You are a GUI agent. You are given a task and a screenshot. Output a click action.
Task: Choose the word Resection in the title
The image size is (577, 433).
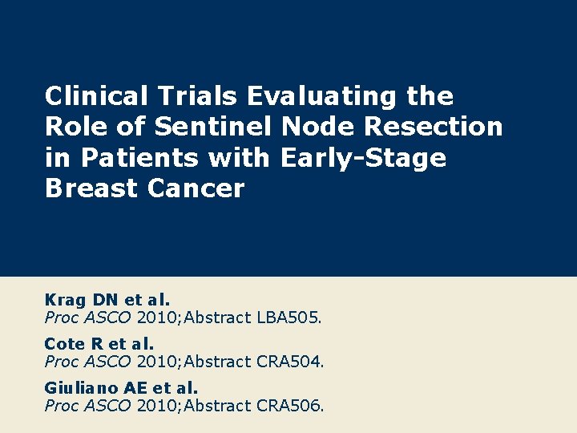tap(434, 127)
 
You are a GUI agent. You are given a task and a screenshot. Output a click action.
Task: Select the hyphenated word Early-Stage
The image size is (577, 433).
tap(363, 159)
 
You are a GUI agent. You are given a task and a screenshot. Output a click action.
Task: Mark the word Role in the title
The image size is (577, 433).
tap(73, 127)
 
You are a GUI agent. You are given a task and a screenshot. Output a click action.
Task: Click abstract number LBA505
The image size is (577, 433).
tap(288, 318)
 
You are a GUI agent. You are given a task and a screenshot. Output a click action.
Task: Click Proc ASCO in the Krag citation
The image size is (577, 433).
tap(87, 318)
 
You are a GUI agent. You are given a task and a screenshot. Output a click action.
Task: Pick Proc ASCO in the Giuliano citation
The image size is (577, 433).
tap(87, 406)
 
